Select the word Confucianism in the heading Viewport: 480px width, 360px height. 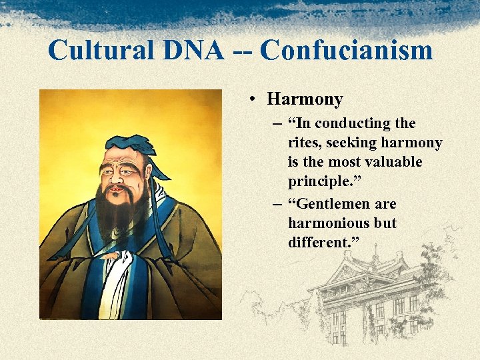(346, 51)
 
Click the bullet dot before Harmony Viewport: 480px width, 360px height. (254, 100)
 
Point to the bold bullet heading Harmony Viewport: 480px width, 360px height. (305, 100)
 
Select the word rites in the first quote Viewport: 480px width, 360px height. (304, 143)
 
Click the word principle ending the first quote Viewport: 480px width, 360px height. (319, 181)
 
